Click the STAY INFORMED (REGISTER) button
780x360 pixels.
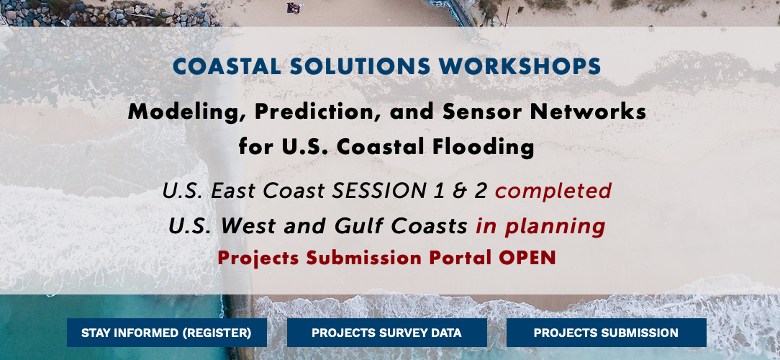[167, 333]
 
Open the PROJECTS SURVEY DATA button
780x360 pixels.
[386, 333]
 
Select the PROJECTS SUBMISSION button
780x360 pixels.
[606, 333]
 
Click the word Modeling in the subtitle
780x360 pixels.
[189, 112]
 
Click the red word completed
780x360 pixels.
[553, 191]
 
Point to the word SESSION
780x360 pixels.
[379, 191]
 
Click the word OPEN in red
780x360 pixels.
[527, 258]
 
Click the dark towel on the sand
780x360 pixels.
[294, 8]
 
